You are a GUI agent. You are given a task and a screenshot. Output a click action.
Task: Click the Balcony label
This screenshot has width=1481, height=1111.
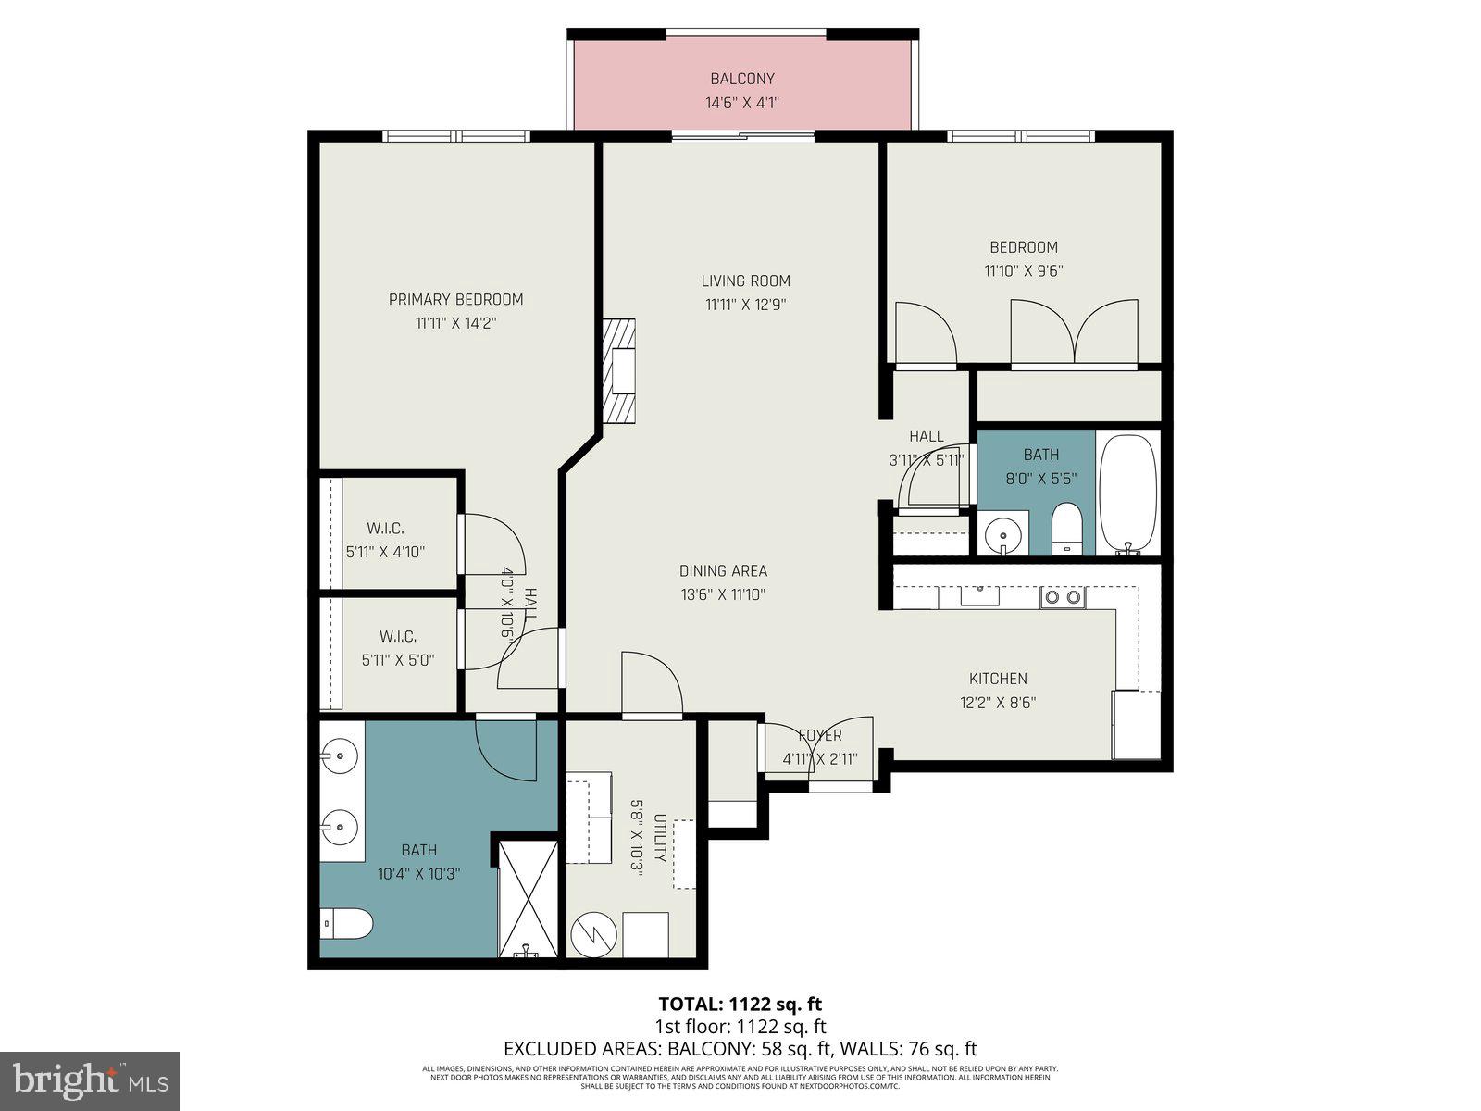742,79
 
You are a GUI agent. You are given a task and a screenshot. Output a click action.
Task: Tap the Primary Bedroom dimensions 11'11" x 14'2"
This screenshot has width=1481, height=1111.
455,323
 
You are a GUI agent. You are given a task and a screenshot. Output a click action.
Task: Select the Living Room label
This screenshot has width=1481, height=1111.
745,281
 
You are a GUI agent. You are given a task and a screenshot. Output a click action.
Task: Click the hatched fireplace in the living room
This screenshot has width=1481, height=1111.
619,371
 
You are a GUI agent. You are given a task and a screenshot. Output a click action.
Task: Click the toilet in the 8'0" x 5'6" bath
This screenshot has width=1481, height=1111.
1066,531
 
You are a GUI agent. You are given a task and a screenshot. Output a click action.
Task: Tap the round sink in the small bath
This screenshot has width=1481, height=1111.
1002,533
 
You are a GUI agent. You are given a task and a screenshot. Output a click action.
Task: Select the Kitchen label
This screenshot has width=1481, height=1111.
998,679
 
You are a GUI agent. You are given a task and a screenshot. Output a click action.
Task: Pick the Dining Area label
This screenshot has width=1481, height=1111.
723,571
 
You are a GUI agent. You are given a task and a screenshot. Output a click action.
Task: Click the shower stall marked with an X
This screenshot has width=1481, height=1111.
528,897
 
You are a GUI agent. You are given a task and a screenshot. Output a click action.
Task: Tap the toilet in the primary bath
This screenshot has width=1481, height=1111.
348,923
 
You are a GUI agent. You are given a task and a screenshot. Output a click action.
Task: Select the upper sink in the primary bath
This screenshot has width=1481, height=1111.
341,755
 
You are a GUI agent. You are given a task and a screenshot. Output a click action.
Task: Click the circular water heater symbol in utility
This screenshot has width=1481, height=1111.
591,934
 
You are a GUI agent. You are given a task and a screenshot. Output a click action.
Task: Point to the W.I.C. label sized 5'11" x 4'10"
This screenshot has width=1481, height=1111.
385,529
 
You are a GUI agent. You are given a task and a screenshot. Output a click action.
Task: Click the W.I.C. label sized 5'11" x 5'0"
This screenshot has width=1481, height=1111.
398,637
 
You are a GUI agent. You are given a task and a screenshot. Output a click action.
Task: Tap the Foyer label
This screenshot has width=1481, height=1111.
820,735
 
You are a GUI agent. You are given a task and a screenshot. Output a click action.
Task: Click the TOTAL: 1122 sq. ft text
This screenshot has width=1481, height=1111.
740,1004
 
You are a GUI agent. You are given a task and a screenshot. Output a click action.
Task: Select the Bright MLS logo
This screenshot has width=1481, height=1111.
90,1080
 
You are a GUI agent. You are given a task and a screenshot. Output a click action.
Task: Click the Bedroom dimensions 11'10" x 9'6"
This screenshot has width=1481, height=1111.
1024,271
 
